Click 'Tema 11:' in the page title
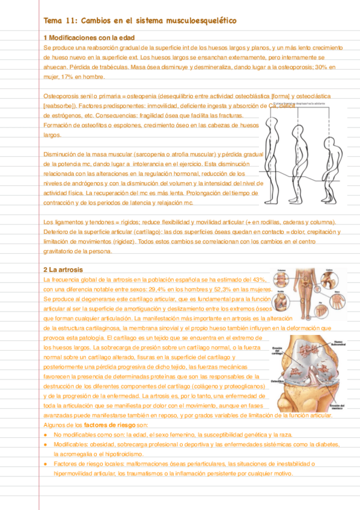coord(58,21)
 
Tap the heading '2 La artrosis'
coord(63,269)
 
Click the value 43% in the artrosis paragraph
coord(259,280)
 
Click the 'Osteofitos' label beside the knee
coord(262,380)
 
